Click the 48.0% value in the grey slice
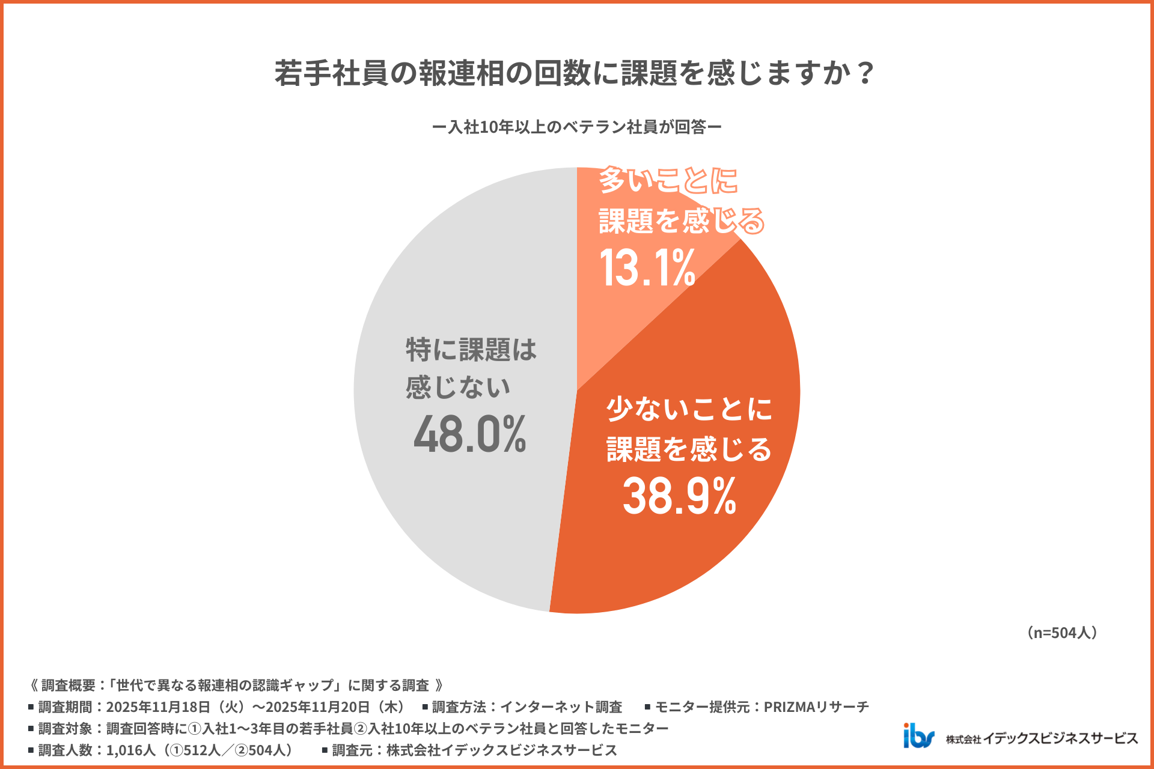(469, 434)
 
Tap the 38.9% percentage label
(679, 496)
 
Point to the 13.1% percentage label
(647, 268)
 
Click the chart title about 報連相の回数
(574, 73)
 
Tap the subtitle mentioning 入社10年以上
(576, 127)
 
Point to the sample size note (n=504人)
(1062, 633)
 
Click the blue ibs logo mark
(918, 736)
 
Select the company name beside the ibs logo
(1042, 738)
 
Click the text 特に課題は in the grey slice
(471, 350)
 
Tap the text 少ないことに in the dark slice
(689, 409)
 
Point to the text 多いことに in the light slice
(668, 180)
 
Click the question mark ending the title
(865, 73)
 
